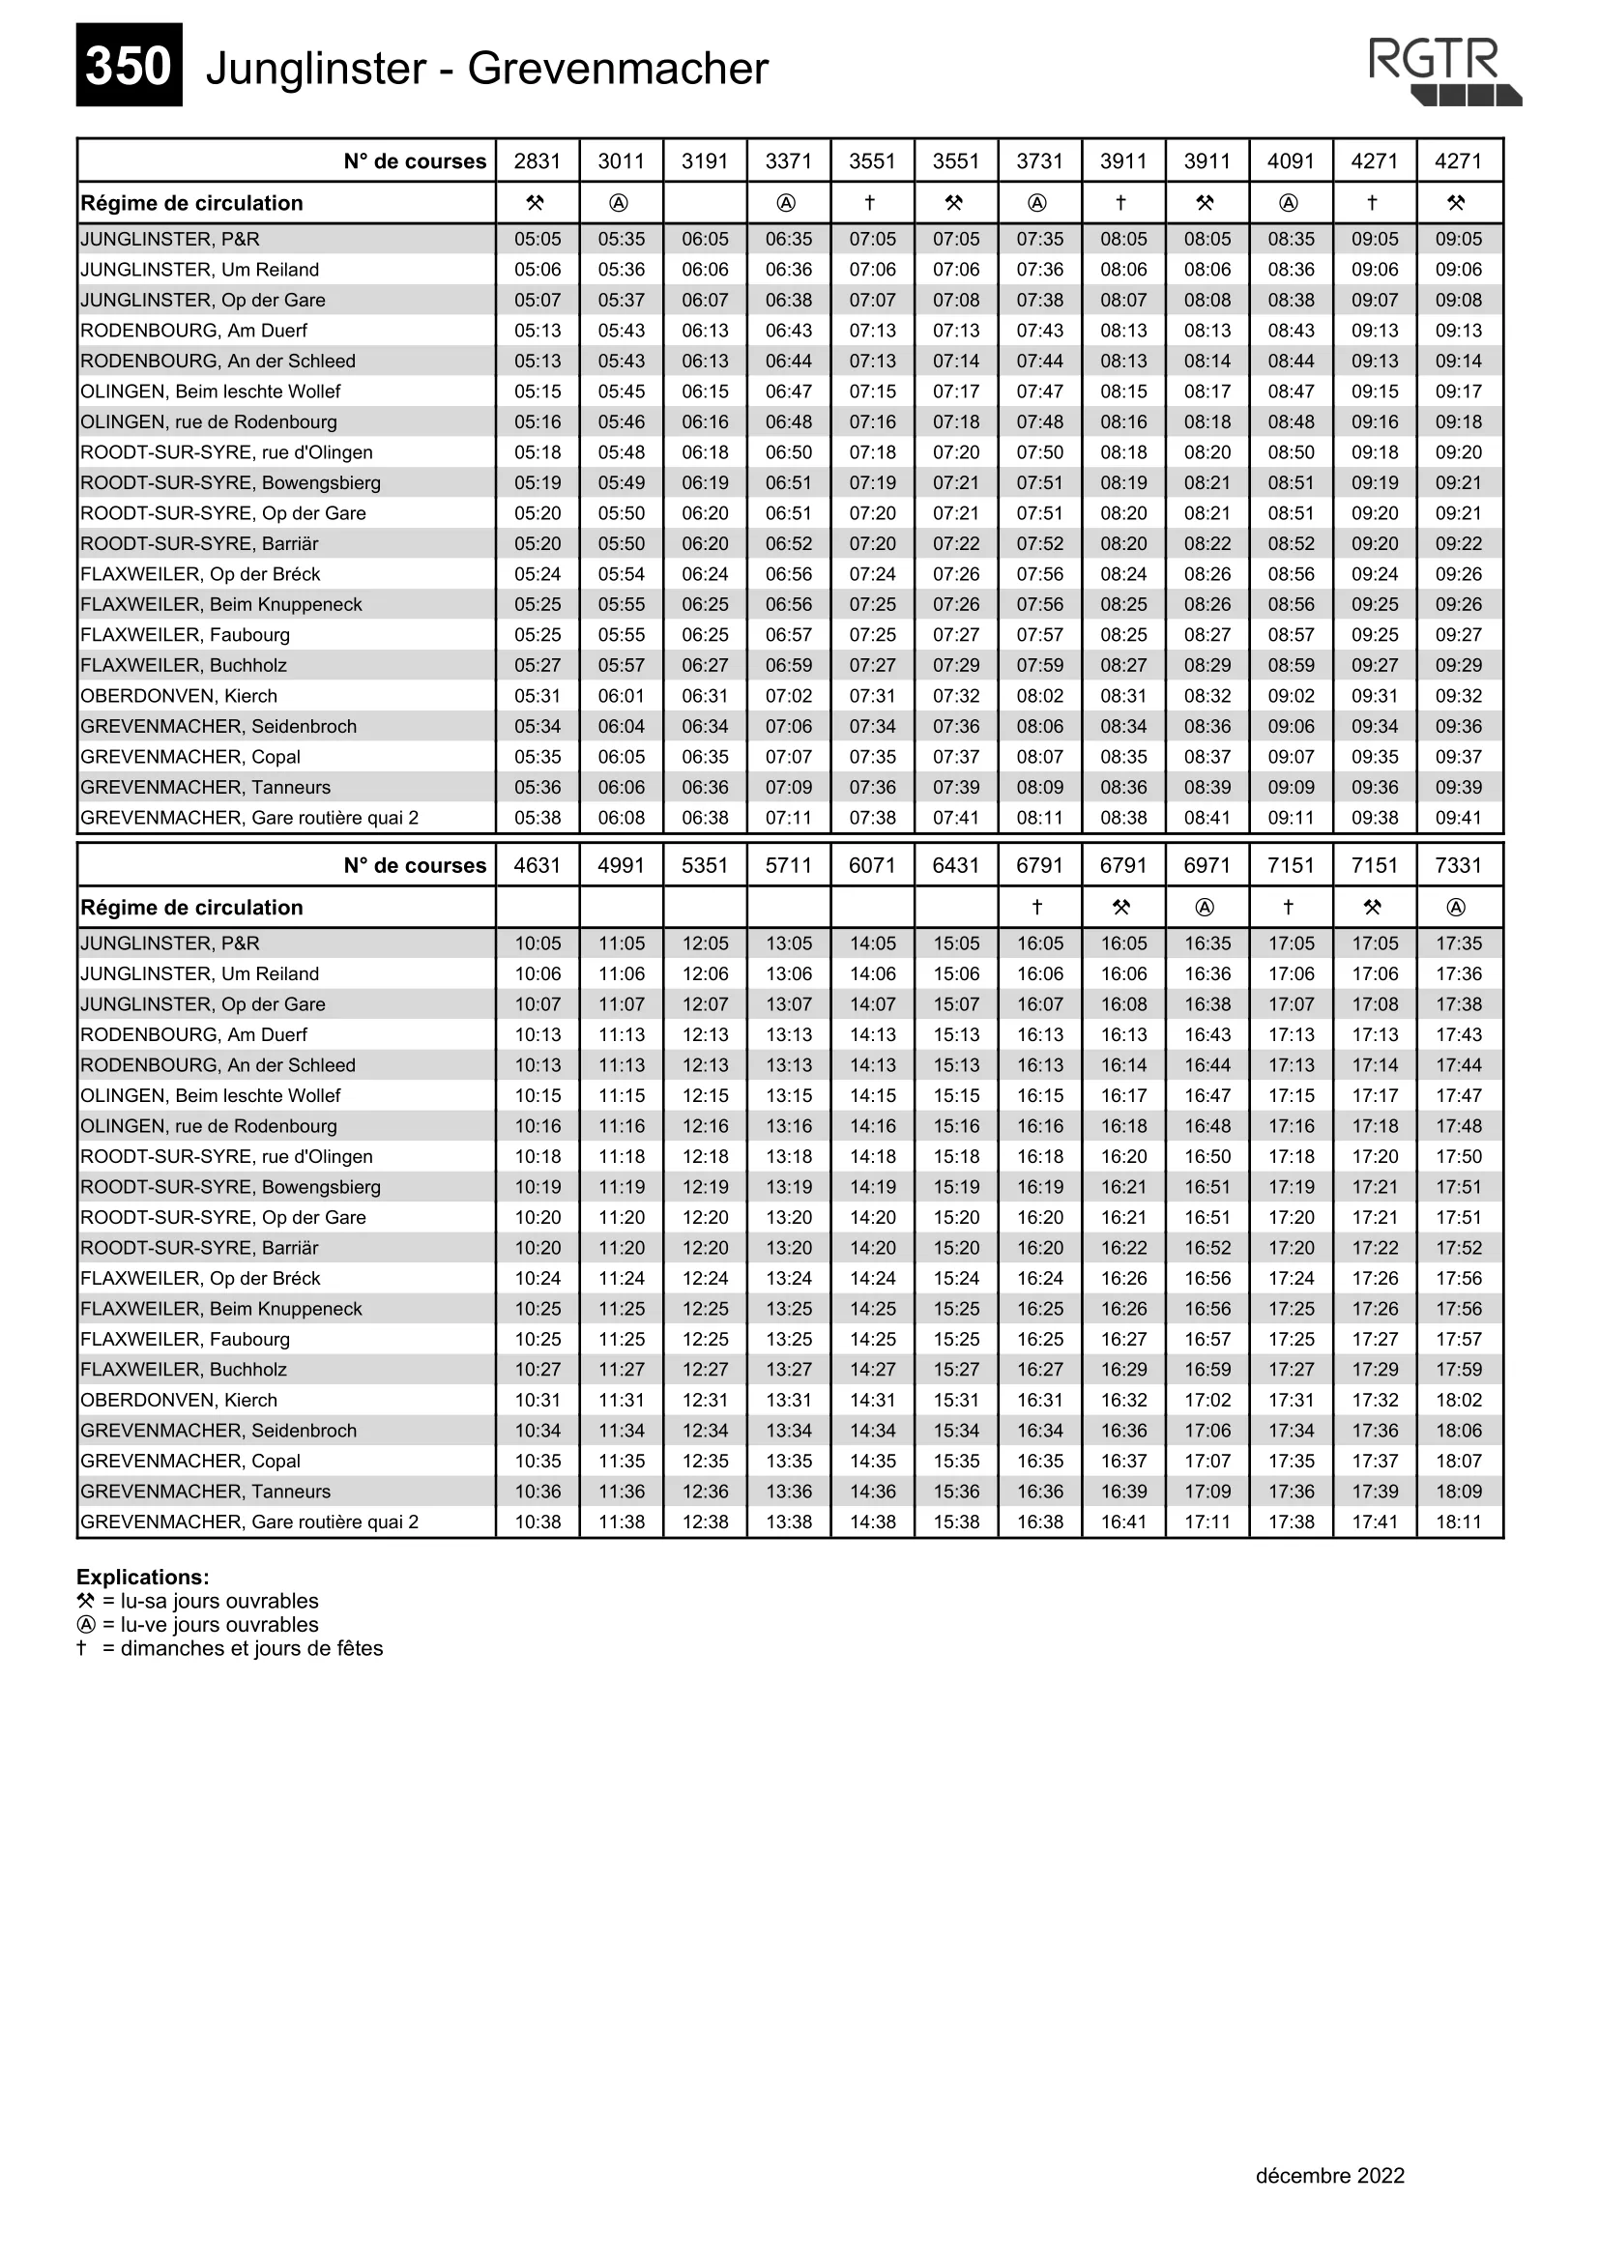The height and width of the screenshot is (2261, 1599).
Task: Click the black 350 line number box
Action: pyautogui.click(x=129, y=65)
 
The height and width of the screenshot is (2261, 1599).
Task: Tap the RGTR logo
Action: pyautogui.click(x=1443, y=71)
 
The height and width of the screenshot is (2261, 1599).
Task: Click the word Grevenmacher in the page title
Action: pyautogui.click(x=618, y=69)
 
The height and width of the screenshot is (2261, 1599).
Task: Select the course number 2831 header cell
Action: pyautogui.click(x=538, y=160)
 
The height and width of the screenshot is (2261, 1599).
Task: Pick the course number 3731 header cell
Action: pyautogui.click(x=1040, y=160)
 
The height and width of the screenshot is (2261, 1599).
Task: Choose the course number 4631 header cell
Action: pyautogui.click(x=538, y=864)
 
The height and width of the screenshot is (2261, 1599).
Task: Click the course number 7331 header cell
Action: pyautogui.click(x=1458, y=864)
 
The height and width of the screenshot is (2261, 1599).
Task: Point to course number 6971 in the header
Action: pyautogui.click(x=1207, y=864)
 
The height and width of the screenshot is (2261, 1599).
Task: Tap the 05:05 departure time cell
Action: pyautogui.click(x=538, y=240)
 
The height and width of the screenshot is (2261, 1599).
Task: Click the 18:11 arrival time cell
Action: pyautogui.click(x=1458, y=1522)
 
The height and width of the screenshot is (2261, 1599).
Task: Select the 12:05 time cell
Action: pyautogui.click(x=705, y=943)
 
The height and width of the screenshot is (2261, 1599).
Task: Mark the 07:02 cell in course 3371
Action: pyautogui.click(x=789, y=696)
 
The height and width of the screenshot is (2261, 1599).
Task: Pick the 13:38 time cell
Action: pyautogui.click(x=789, y=1522)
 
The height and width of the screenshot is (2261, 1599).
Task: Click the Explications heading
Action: pyautogui.click(x=143, y=1577)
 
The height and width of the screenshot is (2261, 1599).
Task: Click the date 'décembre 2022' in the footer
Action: pyautogui.click(x=1329, y=2175)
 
